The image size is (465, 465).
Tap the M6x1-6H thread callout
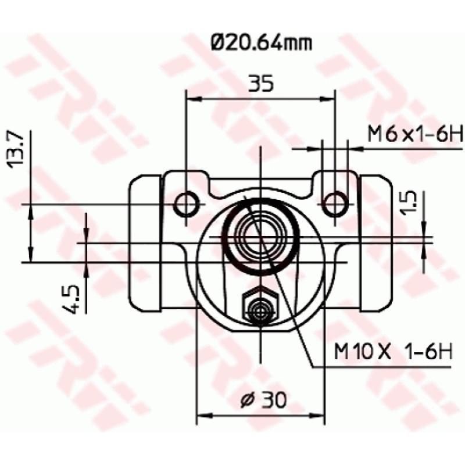[x=415, y=135]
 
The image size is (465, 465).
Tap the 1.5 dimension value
[x=409, y=202]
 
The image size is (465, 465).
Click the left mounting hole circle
[x=187, y=204]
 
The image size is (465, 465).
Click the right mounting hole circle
[x=335, y=204]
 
